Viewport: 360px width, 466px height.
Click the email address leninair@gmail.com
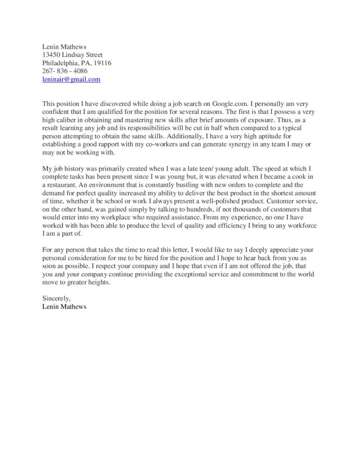tap(71, 79)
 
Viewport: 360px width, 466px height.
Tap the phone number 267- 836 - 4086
tap(65, 71)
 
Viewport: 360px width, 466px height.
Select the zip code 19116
tap(102, 63)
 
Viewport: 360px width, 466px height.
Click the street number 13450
tap(52, 55)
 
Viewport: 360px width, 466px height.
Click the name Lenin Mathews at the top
tap(64, 46)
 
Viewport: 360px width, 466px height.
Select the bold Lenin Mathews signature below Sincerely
tap(64, 307)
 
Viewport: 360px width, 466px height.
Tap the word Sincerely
tap(56, 299)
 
